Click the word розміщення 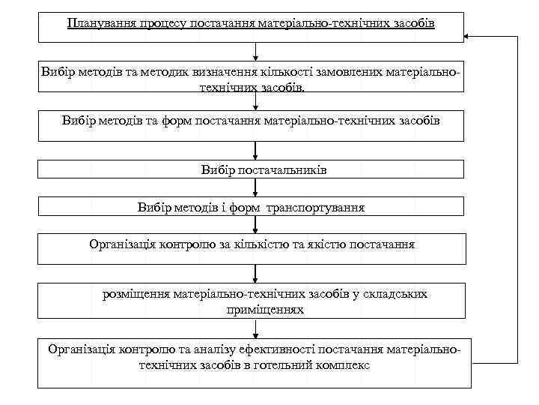click(x=136, y=294)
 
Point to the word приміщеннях click(x=265, y=308)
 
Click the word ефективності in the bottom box click(x=281, y=349)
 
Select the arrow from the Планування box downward click(x=257, y=51)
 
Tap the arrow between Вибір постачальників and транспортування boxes click(x=257, y=189)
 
